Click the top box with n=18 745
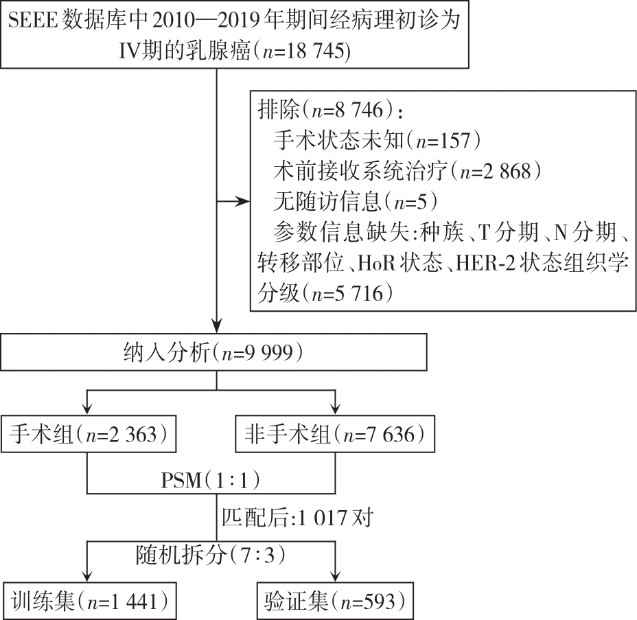pos(234,34)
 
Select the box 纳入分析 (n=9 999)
pos(216,354)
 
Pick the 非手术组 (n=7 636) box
pos(335,434)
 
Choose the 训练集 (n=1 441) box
pos(89,600)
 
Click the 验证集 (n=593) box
pos(335,600)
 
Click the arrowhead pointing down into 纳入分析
pos(216,325)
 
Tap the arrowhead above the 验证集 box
pos(335,575)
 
